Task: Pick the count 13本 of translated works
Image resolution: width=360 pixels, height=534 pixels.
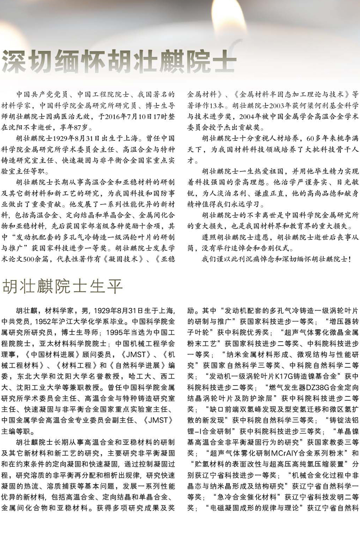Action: point(216,106)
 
